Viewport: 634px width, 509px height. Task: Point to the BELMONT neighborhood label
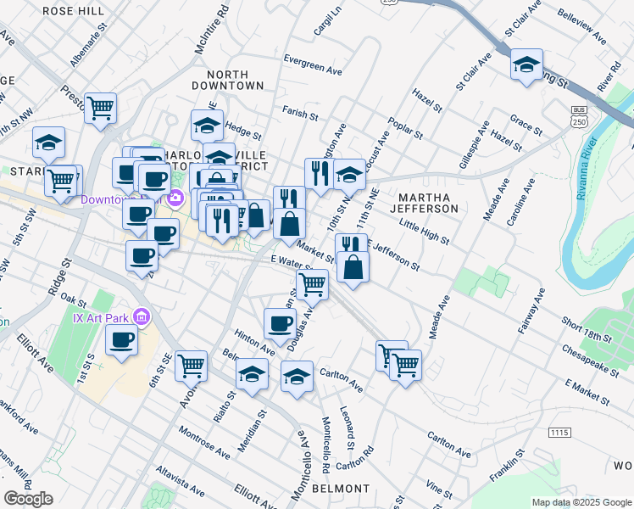(x=342, y=489)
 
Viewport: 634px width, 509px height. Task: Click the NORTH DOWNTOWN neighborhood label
(x=228, y=80)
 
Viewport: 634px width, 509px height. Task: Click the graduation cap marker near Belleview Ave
(x=526, y=66)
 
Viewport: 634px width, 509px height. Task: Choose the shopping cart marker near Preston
(x=101, y=109)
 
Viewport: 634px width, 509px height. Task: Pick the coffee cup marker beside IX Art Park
(x=122, y=342)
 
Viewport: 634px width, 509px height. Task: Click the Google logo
(x=28, y=499)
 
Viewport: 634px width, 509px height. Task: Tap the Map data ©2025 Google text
(x=581, y=502)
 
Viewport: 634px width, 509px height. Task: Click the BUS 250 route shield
(x=580, y=115)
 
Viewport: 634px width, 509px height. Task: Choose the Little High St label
(x=423, y=229)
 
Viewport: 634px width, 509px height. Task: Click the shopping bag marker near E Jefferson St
(x=353, y=268)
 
